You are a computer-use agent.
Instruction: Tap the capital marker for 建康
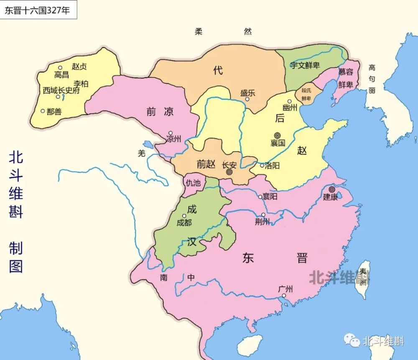pos(332,189)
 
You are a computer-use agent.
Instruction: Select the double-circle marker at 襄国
pos(278,135)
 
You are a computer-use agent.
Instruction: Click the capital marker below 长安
pos(229,172)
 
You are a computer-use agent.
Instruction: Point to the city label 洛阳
pos(272,166)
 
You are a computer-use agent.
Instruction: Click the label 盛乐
pos(247,93)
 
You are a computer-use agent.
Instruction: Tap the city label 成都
pos(184,222)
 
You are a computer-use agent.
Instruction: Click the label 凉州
pos(173,139)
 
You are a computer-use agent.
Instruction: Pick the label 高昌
pos(61,75)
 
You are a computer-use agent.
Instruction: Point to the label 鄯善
pos(54,112)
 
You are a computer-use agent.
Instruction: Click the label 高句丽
pos(372,79)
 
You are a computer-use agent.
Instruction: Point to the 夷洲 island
pos(363,278)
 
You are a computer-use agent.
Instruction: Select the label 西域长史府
pos(61,90)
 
